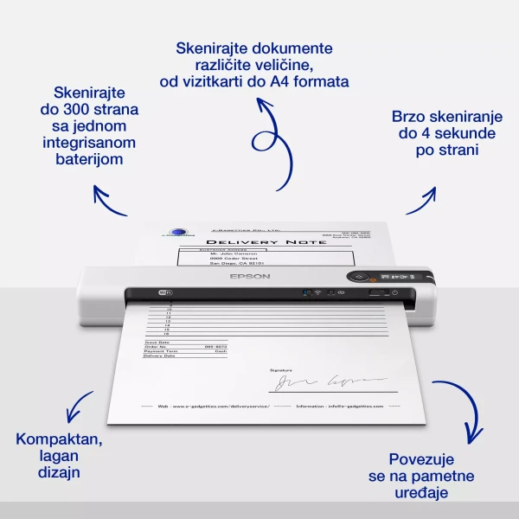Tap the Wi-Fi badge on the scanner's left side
click(165, 293)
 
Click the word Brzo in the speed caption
click(410, 115)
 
